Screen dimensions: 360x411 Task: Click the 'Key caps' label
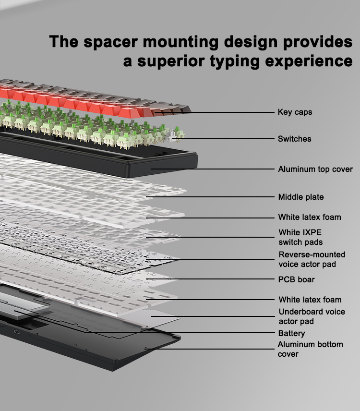[x=295, y=112]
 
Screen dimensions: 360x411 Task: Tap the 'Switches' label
[x=295, y=139]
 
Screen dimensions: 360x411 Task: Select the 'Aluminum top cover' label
[x=315, y=169]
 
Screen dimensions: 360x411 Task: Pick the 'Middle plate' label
[x=301, y=197]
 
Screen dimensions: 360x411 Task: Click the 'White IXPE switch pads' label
[x=300, y=237]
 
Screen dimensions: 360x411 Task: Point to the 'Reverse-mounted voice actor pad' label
[x=312, y=259]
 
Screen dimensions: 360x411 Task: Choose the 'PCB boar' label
[x=296, y=279]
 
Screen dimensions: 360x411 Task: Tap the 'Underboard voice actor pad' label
[x=312, y=316]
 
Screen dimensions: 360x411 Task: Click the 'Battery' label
[x=292, y=333]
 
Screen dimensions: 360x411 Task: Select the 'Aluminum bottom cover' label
[x=310, y=349]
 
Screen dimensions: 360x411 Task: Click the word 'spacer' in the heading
[x=110, y=42]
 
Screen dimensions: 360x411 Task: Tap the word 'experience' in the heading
[x=309, y=61]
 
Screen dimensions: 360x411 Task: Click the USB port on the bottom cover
[x=17, y=332]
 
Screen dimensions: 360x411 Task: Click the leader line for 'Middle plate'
[x=210, y=197]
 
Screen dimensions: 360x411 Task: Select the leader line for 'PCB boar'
[x=210, y=279]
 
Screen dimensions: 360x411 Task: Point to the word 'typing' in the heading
[x=235, y=61]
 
